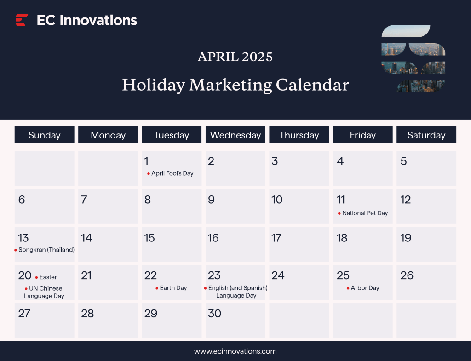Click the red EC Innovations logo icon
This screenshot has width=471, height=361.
22,20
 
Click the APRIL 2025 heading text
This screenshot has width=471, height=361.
235,57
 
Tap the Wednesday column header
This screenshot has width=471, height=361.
235,135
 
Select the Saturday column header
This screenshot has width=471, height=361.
426,135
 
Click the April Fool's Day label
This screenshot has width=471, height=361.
172,173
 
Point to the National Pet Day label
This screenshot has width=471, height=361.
365,213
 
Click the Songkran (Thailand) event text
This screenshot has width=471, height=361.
46,250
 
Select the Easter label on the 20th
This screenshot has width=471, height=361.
48,277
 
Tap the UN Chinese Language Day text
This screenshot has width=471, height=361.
45,292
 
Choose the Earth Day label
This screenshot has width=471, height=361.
173,288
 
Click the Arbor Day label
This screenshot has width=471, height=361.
365,288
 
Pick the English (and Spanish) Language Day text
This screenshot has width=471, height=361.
237,292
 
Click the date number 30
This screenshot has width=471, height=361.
214,314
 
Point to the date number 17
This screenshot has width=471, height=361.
276,238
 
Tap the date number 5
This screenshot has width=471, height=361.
403,161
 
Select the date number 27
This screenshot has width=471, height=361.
24,314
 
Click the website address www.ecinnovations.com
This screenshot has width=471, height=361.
235,351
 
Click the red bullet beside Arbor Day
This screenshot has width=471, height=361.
348,288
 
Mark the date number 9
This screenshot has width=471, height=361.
211,200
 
